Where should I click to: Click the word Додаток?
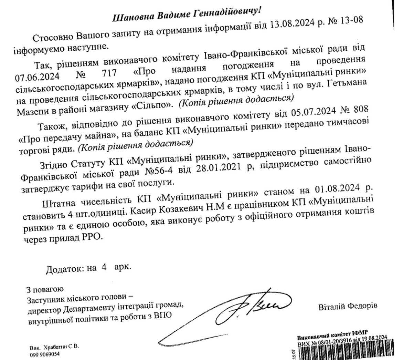[64, 269]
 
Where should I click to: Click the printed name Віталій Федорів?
[348, 306]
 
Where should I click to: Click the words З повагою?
[45, 289]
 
